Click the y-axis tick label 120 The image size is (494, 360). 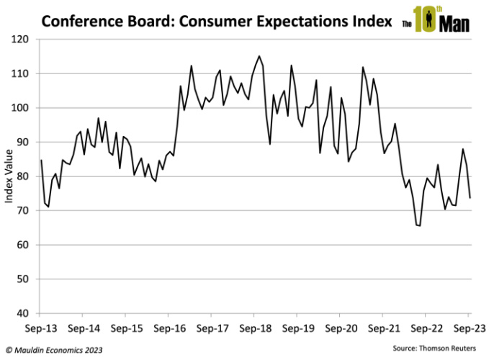point(25,39)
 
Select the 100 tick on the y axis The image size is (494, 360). point(25,108)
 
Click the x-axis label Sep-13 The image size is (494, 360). point(40,326)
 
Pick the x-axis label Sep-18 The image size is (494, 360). point(254,326)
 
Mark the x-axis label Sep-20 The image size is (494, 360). point(340,326)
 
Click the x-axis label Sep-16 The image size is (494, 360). point(169,326)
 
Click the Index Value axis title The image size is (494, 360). point(9,176)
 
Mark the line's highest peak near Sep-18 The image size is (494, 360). point(259,56)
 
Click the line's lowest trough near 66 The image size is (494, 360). point(418,225)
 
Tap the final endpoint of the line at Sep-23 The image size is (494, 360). point(470,197)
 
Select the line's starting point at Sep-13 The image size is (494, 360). point(40,161)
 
